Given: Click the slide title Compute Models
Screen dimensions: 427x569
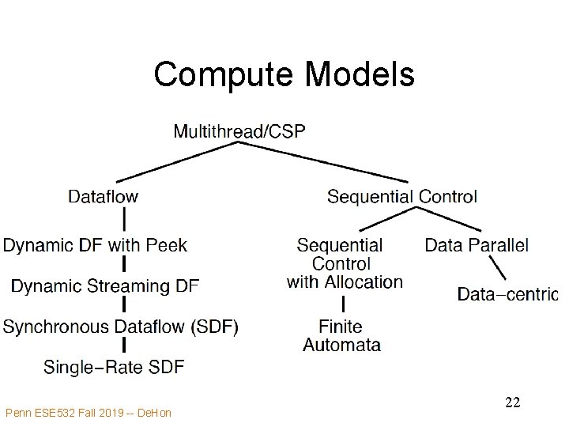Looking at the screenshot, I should (284, 75).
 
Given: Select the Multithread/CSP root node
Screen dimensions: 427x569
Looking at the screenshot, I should (239, 131).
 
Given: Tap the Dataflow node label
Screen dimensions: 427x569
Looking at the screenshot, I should (103, 196).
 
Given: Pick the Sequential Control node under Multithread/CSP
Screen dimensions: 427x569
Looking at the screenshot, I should (401, 196).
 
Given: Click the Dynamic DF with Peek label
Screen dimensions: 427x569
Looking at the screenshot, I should (95, 245).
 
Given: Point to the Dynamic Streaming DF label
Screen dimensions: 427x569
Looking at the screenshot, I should (105, 285).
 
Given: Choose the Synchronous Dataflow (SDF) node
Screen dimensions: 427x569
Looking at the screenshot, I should (120, 326).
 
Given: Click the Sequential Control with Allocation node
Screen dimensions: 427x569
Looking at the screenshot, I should (345, 263).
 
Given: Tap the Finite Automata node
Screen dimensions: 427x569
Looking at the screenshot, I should (341, 335).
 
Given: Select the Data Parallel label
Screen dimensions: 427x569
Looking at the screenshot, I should (477, 245).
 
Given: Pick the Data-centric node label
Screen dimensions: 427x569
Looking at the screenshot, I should (507, 295).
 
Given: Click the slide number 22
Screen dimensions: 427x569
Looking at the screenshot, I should (512, 402).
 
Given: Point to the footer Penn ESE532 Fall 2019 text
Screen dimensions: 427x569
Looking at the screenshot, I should (88, 412).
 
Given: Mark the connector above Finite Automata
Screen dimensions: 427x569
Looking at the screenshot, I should (343, 304).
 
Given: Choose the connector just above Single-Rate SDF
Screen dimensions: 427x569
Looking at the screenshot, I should (125, 346).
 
